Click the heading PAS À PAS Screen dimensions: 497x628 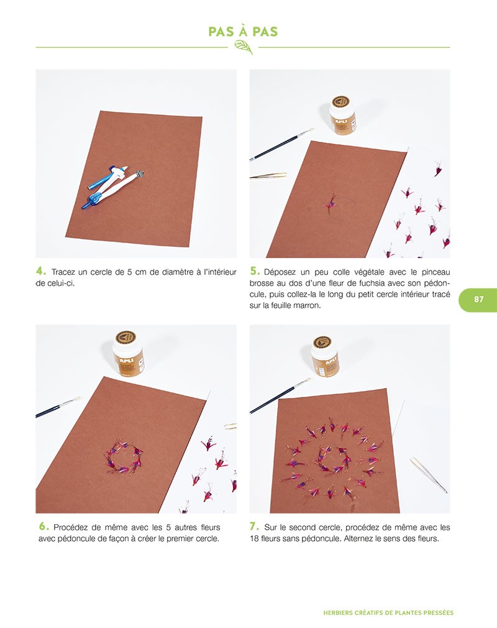[x=243, y=32]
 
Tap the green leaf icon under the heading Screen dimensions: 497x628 [x=244, y=47]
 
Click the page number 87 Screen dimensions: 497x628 [x=478, y=299]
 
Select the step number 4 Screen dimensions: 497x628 [x=41, y=271]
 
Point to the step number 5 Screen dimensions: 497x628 [x=255, y=271]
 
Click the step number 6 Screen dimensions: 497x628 [x=43, y=526]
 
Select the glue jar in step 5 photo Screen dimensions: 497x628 [x=342, y=114]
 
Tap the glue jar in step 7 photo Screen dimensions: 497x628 [x=325, y=356]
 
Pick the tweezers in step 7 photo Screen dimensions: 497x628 [x=428, y=475]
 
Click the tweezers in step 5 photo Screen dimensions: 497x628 [x=268, y=175]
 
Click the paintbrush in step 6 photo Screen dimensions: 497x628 [x=58, y=407]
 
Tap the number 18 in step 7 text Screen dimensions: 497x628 [x=254, y=538]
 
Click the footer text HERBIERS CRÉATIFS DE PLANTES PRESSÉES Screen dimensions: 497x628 [x=388, y=613]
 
